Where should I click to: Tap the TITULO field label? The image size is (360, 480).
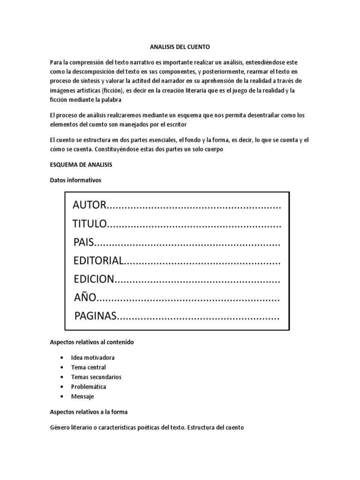[x=90, y=225]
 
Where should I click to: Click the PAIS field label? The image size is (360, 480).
[x=84, y=243]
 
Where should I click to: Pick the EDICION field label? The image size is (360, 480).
[x=94, y=279]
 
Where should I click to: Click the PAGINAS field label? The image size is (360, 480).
[x=95, y=316]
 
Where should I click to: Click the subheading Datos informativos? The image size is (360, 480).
[x=75, y=180]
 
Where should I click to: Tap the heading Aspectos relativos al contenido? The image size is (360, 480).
[x=92, y=342]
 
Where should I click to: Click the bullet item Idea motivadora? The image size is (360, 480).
[x=93, y=358]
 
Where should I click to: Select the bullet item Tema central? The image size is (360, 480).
[x=89, y=367]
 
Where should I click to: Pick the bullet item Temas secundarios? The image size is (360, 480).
[x=96, y=377]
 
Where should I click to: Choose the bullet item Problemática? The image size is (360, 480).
[x=89, y=387]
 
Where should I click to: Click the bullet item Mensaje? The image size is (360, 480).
[x=82, y=397]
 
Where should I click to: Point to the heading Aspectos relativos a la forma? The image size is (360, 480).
[x=89, y=412]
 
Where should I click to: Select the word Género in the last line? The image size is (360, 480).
[x=61, y=427]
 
